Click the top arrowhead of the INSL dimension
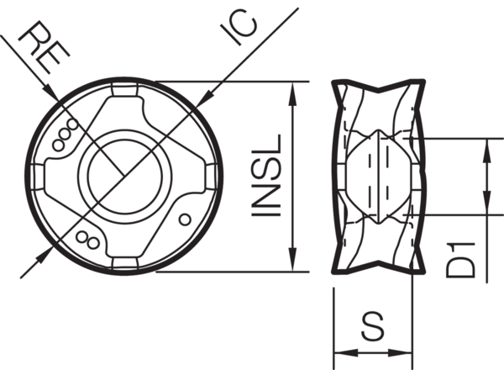pos(291,88)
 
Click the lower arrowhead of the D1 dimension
pos(486,202)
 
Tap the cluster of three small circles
pos(65,137)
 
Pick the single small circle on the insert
pos(186,219)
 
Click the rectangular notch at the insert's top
pos(126,88)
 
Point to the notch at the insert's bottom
pos(125,263)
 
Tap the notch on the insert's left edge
pos(39,176)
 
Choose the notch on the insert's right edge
pos(212,176)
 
